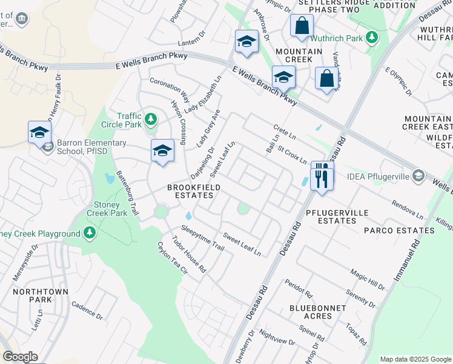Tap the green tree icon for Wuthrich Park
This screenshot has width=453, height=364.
point(373,38)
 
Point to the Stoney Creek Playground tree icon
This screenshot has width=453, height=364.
point(90,234)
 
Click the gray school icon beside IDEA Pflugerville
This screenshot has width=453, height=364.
point(417,176)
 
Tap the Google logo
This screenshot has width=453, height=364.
point(20,357)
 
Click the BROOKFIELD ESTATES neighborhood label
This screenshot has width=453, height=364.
point(194,192)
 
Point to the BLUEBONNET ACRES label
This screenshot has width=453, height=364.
point(318,312)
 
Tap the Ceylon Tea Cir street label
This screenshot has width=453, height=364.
point(173,259)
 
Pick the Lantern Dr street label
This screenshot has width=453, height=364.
point(193,43)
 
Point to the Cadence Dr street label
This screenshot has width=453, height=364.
point(87,311)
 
